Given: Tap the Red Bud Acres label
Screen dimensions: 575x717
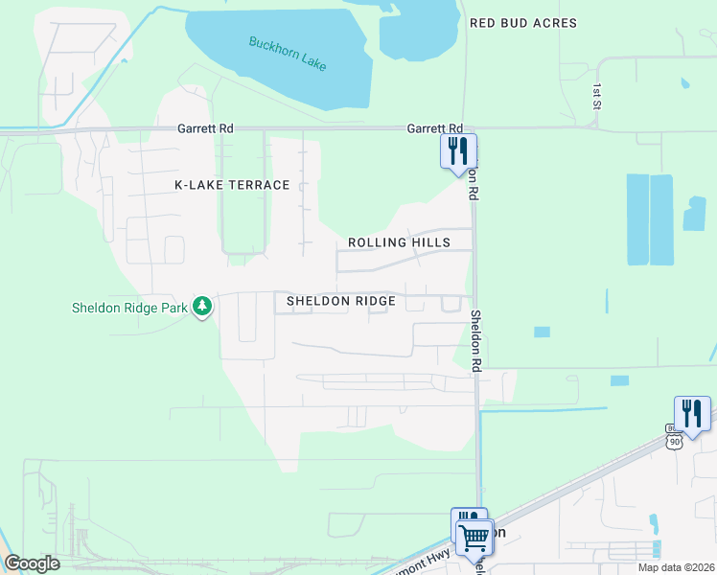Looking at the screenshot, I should [523, 22].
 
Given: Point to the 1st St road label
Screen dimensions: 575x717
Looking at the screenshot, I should [596, 94].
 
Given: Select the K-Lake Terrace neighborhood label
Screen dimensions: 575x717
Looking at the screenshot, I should [232, 185].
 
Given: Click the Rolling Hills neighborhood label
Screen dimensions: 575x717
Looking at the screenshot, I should [399, 243].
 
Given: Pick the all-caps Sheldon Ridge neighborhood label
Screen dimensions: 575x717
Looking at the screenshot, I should [341, 301].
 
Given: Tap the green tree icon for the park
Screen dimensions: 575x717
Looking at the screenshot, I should [201, 307].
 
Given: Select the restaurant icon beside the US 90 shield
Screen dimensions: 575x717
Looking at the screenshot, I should [691, 413].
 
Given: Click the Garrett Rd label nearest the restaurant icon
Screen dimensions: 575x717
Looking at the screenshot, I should [435, 128].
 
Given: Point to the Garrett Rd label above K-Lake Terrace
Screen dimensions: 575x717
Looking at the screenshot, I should [205, 128].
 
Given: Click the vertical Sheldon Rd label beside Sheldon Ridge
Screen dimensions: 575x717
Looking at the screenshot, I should [475, 340].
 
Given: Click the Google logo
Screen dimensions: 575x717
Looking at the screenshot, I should [32, 563].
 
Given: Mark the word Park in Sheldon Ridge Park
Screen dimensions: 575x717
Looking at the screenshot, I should [172, 308].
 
